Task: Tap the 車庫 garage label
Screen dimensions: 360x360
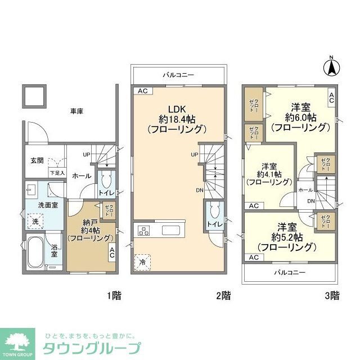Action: point(76,111)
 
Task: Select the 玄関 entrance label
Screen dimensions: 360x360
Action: point(37,160)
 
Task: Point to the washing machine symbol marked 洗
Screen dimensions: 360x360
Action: point(35,222)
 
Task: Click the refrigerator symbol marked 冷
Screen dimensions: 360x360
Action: point(142,262)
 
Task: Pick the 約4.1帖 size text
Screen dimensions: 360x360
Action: point(268,174)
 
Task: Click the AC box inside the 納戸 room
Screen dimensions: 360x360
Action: point(111,254)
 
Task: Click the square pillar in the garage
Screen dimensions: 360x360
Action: point(34,96)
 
